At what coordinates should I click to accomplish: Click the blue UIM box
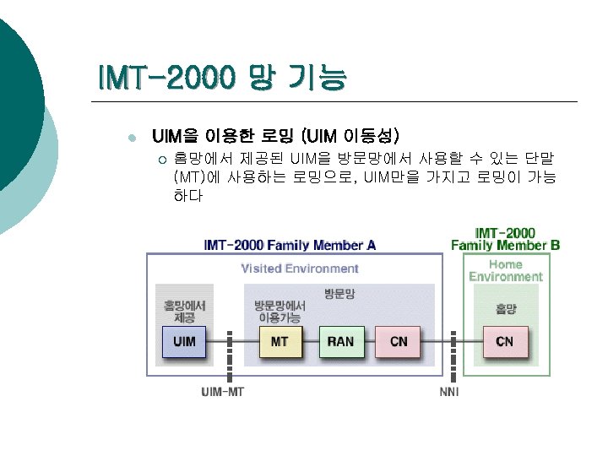click(183, 342)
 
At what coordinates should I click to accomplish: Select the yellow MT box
click(280, 342)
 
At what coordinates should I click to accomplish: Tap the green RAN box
click(341, 342)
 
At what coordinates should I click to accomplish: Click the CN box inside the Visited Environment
click(399, 342)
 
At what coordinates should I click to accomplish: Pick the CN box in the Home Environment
click(505, 342)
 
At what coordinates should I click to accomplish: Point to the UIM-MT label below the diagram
click(222, 393)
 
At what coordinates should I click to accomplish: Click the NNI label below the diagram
click(449, 393)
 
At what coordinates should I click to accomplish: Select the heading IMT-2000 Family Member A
click(290, 245)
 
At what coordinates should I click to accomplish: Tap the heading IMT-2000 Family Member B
click(505, 239)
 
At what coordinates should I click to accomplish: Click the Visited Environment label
click(300, 269)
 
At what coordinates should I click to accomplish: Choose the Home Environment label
click(506, 270)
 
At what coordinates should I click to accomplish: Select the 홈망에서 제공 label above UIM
click(184, 312)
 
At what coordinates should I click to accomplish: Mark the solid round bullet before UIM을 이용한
click(128, 138)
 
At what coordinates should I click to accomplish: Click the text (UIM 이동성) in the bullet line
click(354, 135)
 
